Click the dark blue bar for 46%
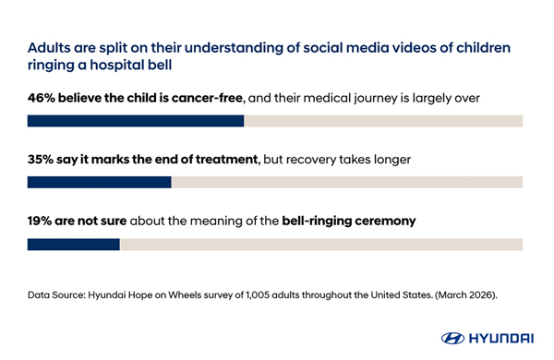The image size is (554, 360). tap(136, 121)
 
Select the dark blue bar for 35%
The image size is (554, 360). tap(100, 182)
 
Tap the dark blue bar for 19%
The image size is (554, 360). tap(74, 245)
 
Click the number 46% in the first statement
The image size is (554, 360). tap(42, 98)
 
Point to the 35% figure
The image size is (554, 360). tap(41, 160)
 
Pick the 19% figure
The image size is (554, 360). tap(40, 221)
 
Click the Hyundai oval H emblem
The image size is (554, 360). tap(452, 338)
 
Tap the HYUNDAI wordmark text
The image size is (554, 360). tap(501, 338)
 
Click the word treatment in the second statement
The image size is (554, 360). tap(227, 160)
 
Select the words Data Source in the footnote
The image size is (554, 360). tap(56, 295)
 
